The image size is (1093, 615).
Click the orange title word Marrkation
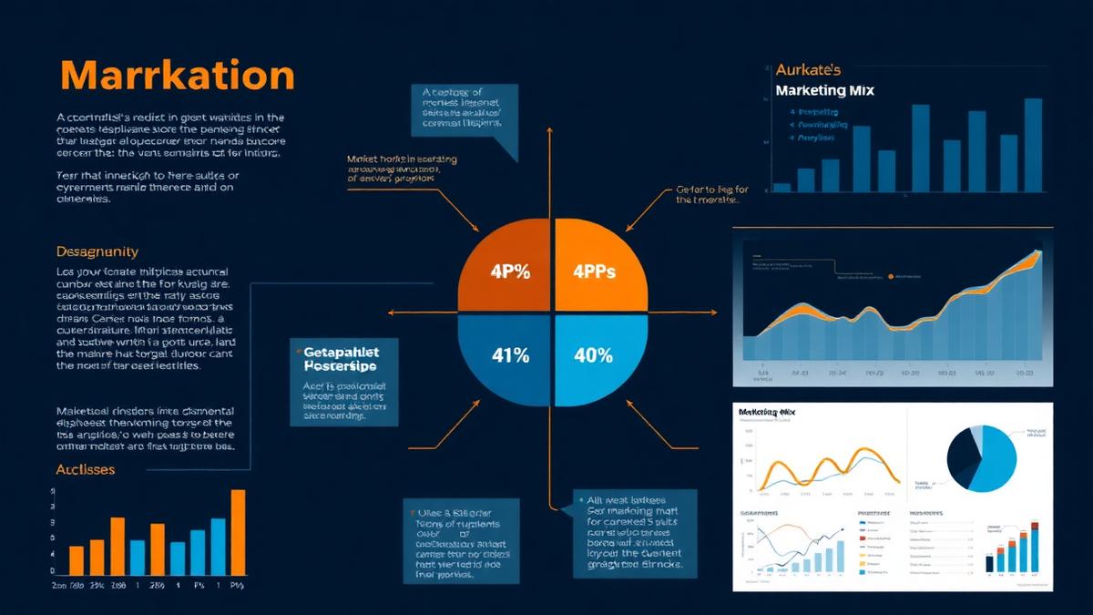pos(178,76)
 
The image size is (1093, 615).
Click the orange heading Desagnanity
pos(97,251)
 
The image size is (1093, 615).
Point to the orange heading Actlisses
pos(86,469)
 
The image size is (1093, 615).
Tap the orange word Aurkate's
pos(809,69)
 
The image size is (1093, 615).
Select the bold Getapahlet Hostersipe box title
pos(340,357)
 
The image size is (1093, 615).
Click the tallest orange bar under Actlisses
pos(238,532)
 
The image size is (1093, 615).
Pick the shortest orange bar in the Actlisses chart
pos(77,560)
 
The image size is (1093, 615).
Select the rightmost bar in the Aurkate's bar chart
pos(1033,145)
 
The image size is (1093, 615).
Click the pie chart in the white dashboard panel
pos(982,459)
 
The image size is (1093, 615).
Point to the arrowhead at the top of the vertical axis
pos(549,130)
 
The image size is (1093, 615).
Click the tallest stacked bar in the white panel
pos(1035,547)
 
